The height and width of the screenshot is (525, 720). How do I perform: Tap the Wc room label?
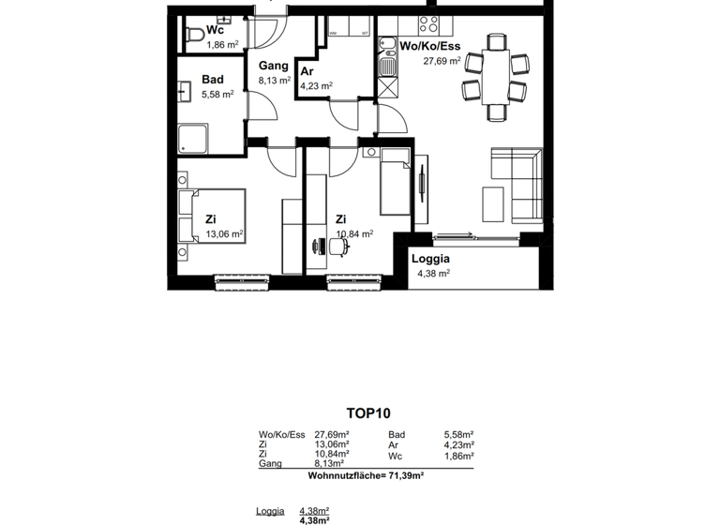215,30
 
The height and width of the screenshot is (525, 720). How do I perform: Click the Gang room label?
273,67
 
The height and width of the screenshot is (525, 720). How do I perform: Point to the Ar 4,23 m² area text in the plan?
316,85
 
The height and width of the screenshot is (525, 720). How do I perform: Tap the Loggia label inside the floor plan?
431,259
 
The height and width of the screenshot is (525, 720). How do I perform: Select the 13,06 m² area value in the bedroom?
224,234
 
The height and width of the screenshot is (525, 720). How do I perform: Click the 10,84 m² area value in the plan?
354,234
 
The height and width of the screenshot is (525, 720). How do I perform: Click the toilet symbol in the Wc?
193,36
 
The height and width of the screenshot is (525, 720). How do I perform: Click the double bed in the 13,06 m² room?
212,217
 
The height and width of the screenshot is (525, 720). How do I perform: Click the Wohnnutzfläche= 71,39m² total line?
366,476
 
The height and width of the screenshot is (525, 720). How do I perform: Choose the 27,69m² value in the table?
332,435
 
